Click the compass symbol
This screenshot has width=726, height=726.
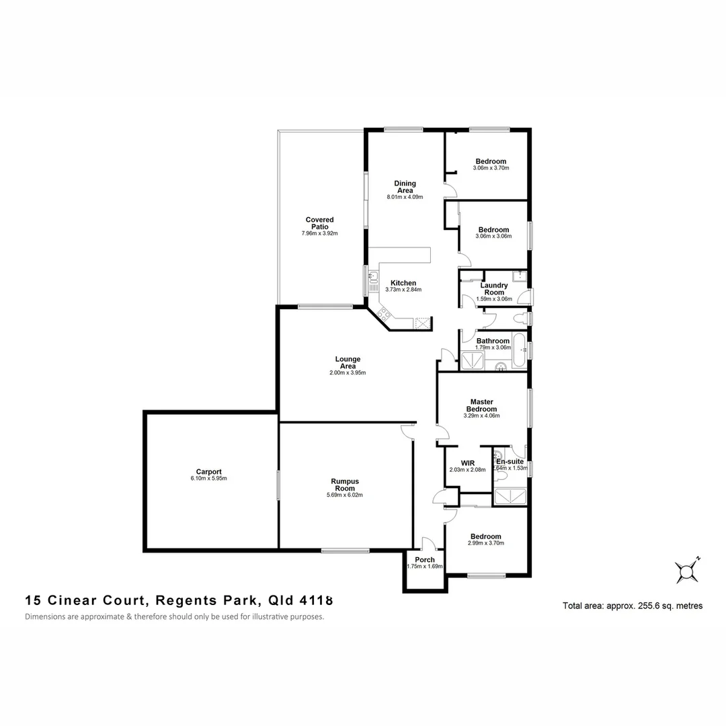(x=688, y=571)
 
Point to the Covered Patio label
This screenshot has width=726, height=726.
(x=319, y=223)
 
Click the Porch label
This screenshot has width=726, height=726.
(x=425, y=559)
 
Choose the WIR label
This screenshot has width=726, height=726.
(x=468, y=462)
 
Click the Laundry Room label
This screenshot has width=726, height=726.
(x=494, y=289)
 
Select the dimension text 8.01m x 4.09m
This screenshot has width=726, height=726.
(x=405, y=198)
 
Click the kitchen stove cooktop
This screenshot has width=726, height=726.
(x=384, y=313)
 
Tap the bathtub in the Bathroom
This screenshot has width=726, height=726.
(x=520, y=350)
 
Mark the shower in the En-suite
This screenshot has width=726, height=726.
(x=510, y=498)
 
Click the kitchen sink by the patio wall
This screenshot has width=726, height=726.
(x=373, y=276)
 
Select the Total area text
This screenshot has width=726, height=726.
(x=632, y=606)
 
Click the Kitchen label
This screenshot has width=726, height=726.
(x=403, y=283)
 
